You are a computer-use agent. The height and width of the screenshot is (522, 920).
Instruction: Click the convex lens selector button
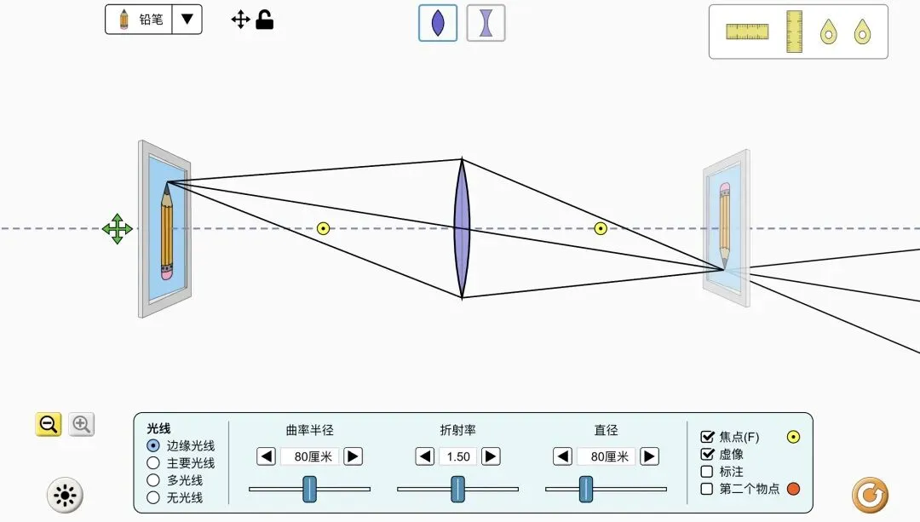tap(438, 23)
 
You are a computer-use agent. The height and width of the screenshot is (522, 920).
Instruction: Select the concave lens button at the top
tap(486, 23)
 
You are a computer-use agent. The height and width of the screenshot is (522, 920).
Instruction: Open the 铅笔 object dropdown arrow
tap(187, 20)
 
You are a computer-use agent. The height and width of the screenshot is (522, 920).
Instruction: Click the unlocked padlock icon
tap(265, 20)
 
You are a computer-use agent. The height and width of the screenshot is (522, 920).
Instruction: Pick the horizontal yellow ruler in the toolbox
tap(747, 32)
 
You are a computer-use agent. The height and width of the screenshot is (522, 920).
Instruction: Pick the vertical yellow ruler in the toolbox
tap(794, 32)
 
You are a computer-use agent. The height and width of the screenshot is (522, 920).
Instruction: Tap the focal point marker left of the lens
tap(323, 228)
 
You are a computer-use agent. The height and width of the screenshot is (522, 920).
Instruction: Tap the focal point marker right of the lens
tap(601, 228)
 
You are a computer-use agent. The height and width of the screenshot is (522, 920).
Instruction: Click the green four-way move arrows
tap(118, 229)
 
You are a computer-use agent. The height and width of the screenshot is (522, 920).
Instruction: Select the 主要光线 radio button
tap(153, 463)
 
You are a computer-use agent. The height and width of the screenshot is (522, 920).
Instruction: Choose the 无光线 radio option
tap(153, 497)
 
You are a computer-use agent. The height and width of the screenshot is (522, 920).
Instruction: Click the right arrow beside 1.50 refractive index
tap(491, 456)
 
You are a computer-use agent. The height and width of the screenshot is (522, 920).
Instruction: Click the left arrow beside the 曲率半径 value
tap(267, 456)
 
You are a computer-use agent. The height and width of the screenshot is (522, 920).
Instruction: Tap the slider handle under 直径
tap(585, 489)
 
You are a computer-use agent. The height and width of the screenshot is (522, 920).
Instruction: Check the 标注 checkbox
tap(707, 472)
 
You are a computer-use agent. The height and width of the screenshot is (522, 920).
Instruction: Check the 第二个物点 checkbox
tap(707, 489)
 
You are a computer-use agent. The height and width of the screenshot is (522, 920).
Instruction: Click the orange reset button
tap(870, 495)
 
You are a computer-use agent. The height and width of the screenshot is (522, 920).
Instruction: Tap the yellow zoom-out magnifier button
tap(48, 424)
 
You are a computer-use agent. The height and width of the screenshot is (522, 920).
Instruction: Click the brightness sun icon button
tap(65, 496)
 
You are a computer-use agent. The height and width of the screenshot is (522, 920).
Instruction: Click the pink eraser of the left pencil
tap(167, 272)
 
